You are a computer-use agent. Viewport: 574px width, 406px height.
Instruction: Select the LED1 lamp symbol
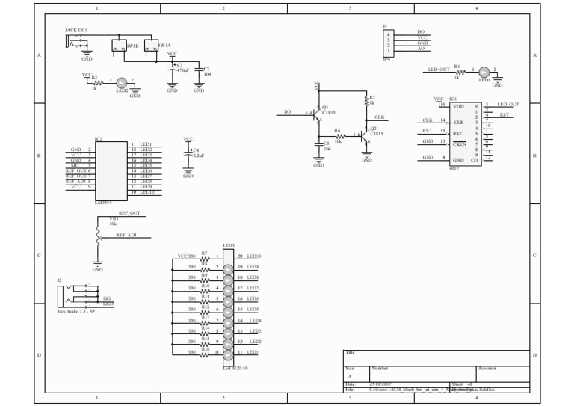pos(484,72)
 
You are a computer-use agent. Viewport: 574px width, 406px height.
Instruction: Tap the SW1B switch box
pos(118,46)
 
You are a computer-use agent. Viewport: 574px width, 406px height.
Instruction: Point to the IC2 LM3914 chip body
pos(109,169)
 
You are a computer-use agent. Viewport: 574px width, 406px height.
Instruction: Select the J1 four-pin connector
pos(388,40)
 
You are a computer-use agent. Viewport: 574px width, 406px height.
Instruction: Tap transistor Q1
pos(317,114)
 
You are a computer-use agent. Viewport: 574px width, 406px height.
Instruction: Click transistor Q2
pos(364,135)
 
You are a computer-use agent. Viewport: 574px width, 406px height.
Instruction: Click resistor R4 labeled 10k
pos(339,135)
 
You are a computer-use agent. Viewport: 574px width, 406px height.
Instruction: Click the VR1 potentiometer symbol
pos(97,233)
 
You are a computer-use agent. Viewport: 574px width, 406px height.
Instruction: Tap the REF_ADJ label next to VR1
pos(126,235)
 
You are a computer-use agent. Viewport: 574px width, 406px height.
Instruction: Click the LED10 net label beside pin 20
pos(254,256)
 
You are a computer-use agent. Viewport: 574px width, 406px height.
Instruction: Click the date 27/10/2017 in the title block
pos(383,384)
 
